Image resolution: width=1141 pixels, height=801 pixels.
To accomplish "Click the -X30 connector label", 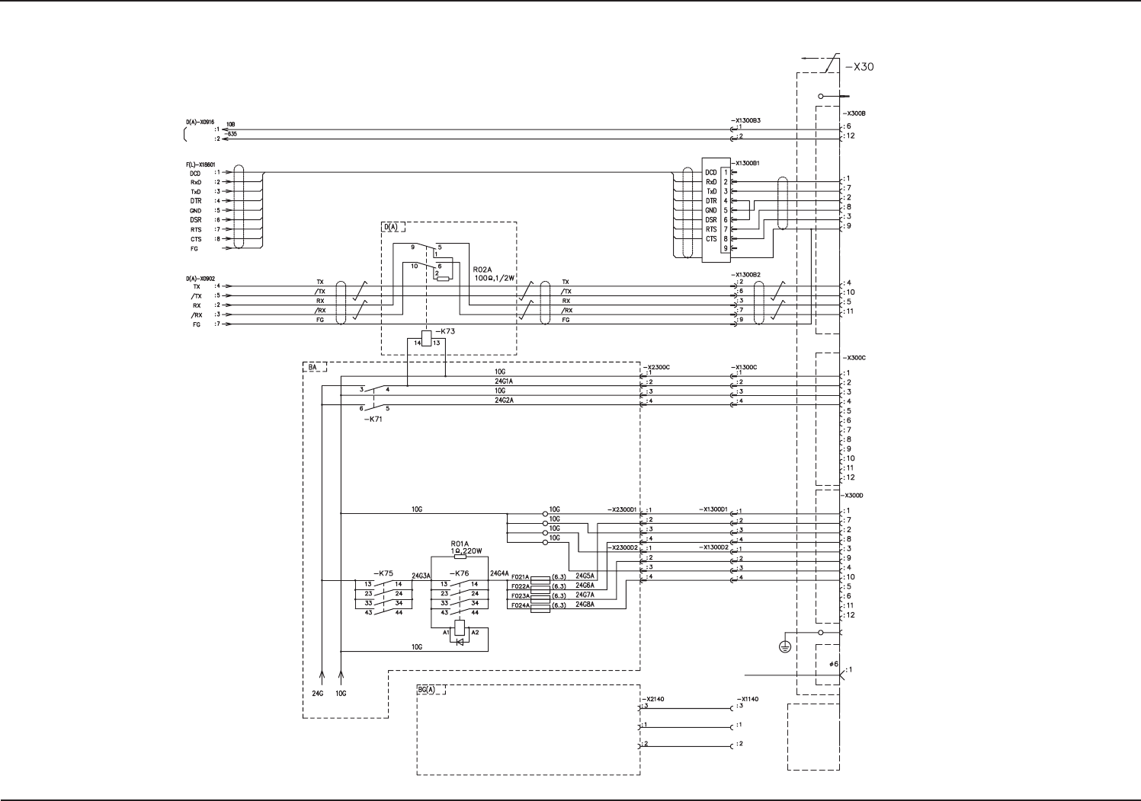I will pyautogui.click(x=859, y=67).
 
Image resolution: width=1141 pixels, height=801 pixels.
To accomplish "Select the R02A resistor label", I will pyautogui.click(x=483, y=270).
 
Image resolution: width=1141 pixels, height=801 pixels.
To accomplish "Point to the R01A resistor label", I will pyautogui.click(x=460, y=544).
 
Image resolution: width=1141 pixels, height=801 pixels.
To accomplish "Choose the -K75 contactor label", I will pyautogui.click(x=383, y=573).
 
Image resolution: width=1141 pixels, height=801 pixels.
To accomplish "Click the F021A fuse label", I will pyautogui.click(x=520, y=577).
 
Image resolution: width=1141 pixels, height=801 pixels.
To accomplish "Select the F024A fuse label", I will pyautogui.click(x=520, y=605).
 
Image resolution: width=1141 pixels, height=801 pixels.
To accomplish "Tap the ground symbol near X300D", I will pyautogui.click(x=784, y=646).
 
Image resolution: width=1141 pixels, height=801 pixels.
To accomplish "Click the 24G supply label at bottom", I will pyautogui.click(x=318, y=694).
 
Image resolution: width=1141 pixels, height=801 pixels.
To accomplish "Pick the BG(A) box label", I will pyautogui.click(x=426, y=690).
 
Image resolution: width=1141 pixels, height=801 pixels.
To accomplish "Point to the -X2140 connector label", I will pyautogui.click(x=655, y=698).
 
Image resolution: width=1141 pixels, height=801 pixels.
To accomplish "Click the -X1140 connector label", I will pyautogui.click(x=747, y=698).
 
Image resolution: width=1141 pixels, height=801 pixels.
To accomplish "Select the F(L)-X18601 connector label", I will pyautogui.click(x=200, y=164).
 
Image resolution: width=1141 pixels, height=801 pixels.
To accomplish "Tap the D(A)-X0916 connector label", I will pyautogui.click(x=200, y=122).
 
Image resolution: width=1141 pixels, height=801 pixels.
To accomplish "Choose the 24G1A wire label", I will pyautogui.click(x=504, y=381).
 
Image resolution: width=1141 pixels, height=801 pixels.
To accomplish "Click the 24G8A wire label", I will pyautogui.click(x=585, y=605).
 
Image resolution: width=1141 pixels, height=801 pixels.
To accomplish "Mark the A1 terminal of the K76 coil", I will pyautogui.click(x=446, y=632).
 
